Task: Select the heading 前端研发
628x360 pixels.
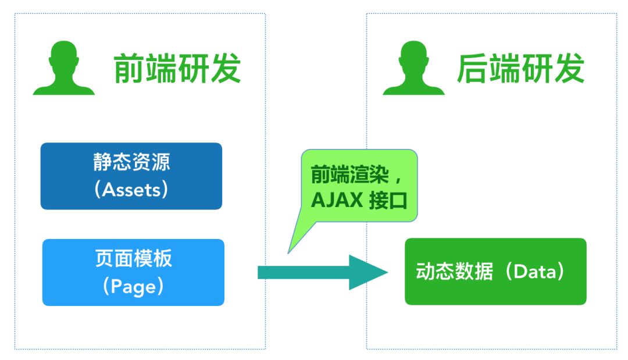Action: (177, 69)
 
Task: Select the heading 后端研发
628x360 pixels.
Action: (520, 69)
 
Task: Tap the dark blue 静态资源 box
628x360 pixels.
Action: (131, 176)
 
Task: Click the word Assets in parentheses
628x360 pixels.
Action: (131, 190)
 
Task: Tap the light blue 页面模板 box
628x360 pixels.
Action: (133, 272)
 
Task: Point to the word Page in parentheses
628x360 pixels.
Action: (133, 286)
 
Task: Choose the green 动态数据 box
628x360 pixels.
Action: (495, 271)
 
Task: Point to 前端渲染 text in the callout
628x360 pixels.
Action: (347, 174)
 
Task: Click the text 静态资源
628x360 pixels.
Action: (131, 162)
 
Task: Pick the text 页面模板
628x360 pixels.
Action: (133, 258)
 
